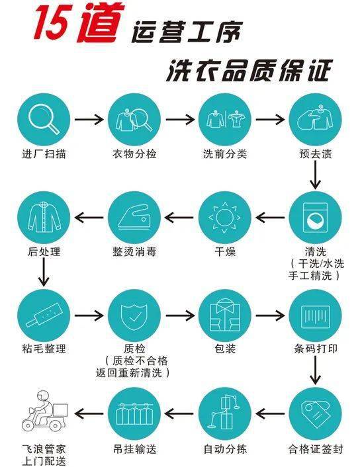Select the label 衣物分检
(134, 154)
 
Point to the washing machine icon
(315, 218)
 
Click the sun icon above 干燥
(225, 218)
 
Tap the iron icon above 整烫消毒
(134, 217)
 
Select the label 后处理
(44, 252)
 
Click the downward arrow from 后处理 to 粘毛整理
(44, 272)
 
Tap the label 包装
(225, 349)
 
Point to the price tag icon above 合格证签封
(316, 413)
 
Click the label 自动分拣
(225, 449)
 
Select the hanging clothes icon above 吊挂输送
(134, 413)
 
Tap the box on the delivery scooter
(60, 410)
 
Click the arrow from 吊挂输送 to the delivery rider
(89, 413)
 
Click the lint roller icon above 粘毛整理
(44, 315)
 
